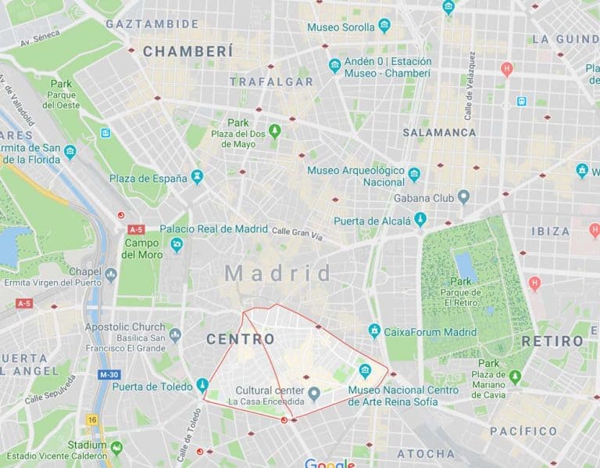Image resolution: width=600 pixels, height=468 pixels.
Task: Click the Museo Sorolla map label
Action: [x=341, y=27]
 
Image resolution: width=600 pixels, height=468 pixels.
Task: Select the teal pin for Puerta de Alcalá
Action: [x=420, y=220]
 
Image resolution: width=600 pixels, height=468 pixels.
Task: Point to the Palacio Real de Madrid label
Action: [x=214, y=229]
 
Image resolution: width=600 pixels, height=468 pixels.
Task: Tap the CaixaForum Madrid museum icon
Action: [x=374, y=331]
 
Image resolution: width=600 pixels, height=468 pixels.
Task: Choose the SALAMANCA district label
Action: [x=439, y=132]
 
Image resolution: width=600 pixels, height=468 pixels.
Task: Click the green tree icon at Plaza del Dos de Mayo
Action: [x=274, y=130]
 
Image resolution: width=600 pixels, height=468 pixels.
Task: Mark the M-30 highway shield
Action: [x=109, y=375]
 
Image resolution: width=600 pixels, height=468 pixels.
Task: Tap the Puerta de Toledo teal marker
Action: [x=202, y=385]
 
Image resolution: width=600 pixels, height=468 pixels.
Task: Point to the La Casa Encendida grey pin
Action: [x=313, y=393]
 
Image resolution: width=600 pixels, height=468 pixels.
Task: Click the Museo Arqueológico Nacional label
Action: [x=355, y=176]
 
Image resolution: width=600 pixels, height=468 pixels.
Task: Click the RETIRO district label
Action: [x=552, y=341]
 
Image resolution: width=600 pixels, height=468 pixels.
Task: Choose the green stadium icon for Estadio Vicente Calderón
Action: [x=116, y=448]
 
